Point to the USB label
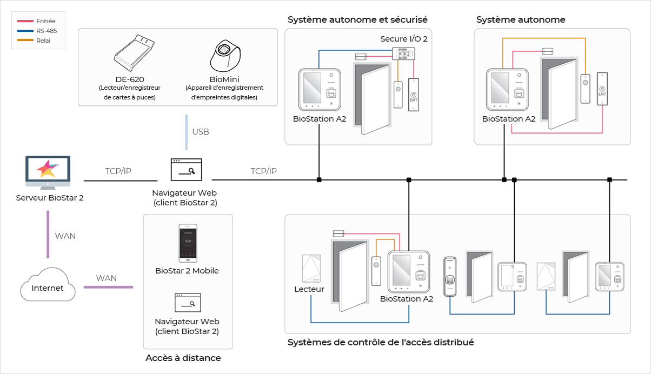point(200,132)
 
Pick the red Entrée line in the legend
point(25,21)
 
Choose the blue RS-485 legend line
point(25,31)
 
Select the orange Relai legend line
point(25,41)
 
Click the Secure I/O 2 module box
point(403,54)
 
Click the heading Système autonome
point(521,20)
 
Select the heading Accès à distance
point(183,358)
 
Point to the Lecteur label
point(309,289)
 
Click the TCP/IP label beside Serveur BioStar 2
point(118,171)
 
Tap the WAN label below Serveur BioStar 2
point(65,236)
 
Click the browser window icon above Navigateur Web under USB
point(186,170)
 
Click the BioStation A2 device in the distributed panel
point(408,272)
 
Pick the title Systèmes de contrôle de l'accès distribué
point(381,342)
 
